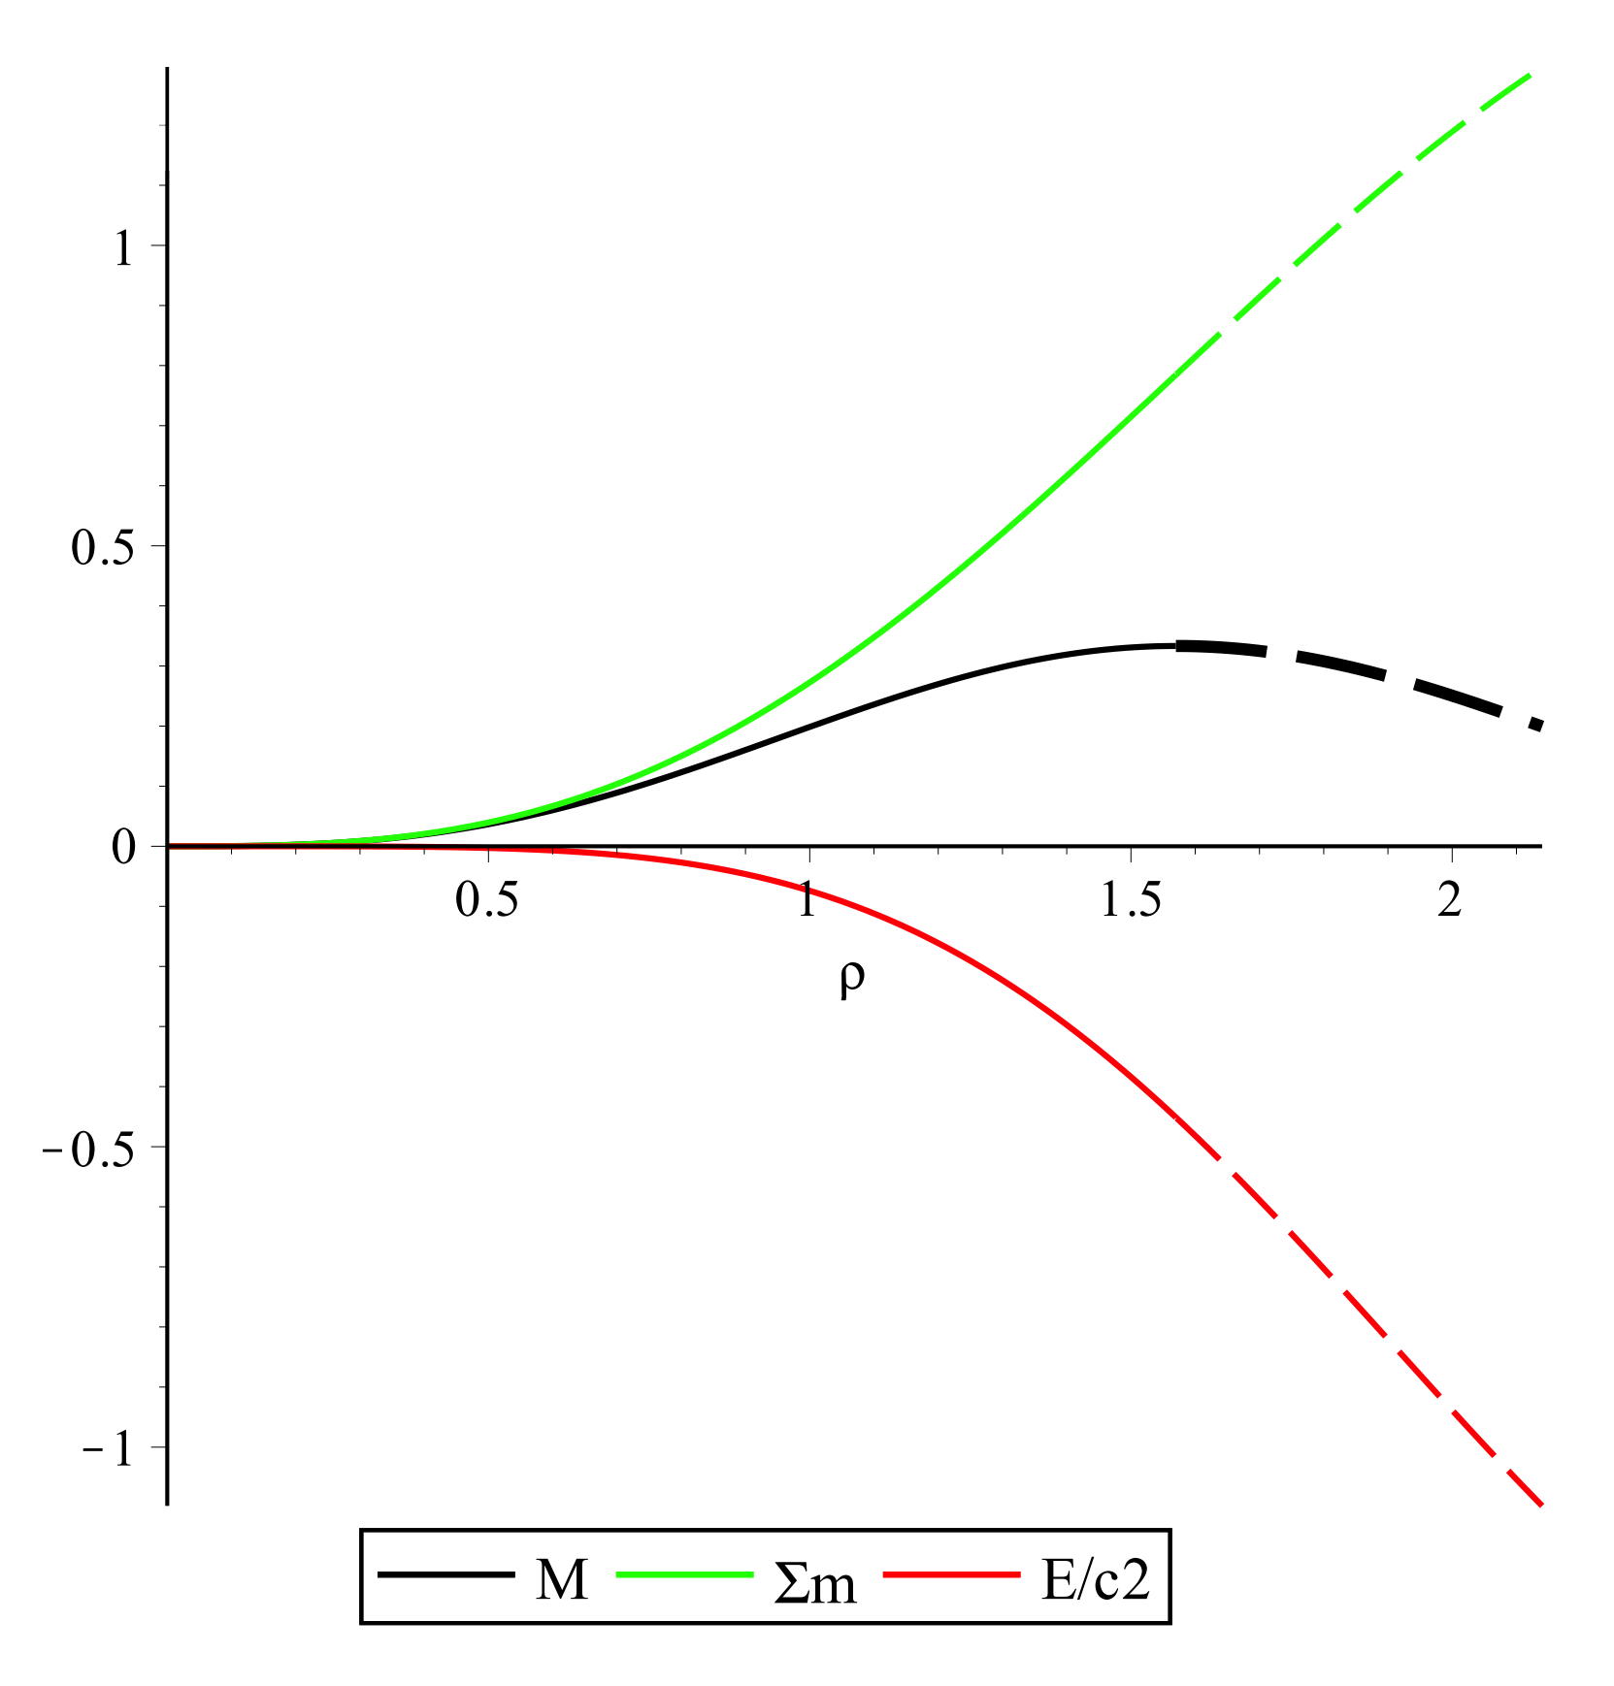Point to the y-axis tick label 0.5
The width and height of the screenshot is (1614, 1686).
101,548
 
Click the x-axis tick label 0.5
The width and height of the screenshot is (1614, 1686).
487,901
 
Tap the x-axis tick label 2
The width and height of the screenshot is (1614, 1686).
1450,901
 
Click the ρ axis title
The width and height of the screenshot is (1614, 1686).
851,980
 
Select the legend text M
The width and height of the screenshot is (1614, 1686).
562,1582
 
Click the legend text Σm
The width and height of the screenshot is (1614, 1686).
815,1584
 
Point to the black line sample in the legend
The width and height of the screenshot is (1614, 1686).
445,1575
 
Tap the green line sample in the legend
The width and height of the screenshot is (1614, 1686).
684,1575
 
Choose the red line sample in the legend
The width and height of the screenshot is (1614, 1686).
945,1575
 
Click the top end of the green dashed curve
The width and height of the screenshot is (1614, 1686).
1529,75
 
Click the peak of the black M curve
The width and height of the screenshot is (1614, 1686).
1165,645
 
